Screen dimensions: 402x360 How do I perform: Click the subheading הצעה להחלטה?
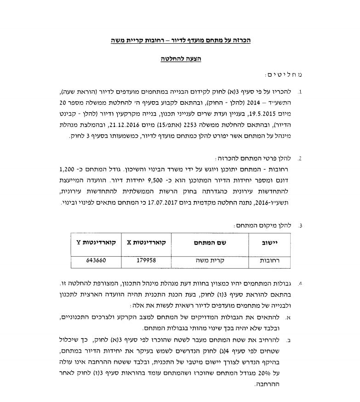point(181,59)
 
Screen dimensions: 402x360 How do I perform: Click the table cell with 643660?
point(96,260)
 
